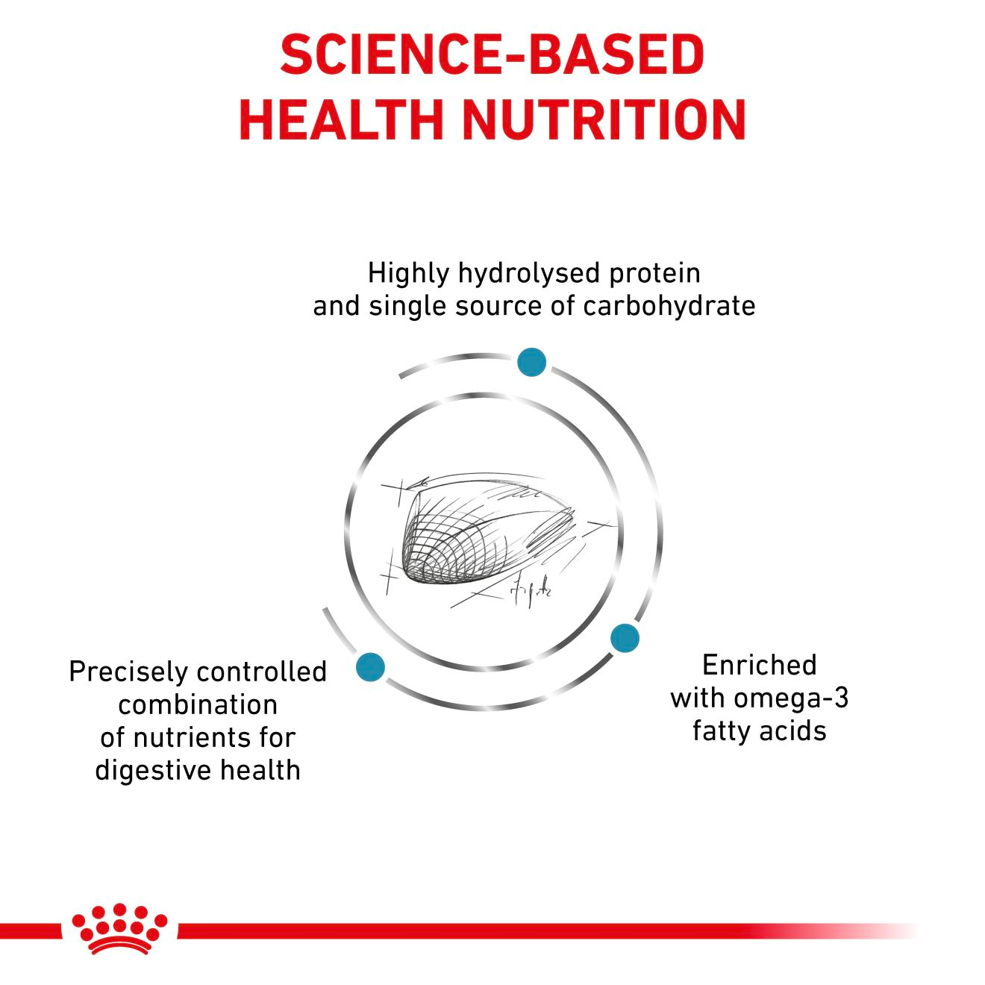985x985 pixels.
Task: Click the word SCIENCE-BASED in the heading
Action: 492,54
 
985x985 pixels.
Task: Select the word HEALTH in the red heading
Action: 340,119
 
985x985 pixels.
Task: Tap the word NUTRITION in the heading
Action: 604,119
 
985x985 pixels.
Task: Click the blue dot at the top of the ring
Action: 531,362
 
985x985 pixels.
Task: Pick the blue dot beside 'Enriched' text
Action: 625,638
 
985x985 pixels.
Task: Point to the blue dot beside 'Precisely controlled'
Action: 370,666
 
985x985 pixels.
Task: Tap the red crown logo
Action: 119,929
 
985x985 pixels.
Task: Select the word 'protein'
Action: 655,273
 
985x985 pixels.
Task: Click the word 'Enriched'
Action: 759,664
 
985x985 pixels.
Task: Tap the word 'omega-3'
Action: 791,698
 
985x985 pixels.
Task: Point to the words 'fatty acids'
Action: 759,731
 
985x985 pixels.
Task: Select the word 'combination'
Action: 198,704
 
